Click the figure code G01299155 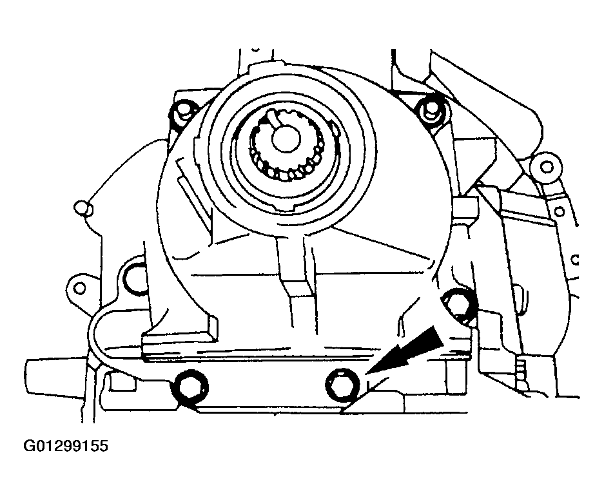pyautogui.click(x=66, y=446)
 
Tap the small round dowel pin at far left pyautogui.click(x=83, y=207)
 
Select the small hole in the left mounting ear pyautogui.click(x=80, y=288)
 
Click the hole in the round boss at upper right pyautogui.click(x=546, y=167)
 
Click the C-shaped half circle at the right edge pyautogui.click(x=574, y=260)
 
